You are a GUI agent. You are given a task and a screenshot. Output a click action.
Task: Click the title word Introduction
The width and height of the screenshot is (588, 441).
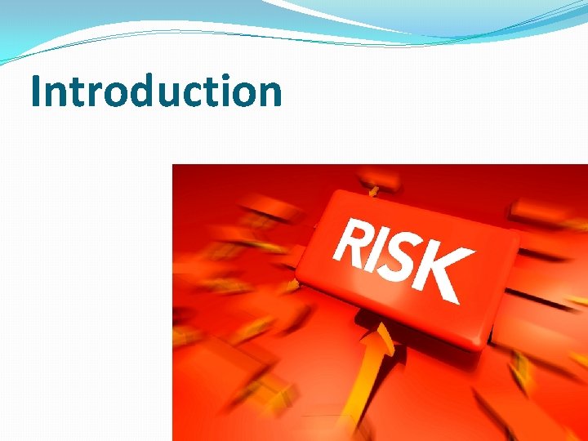[156, 91]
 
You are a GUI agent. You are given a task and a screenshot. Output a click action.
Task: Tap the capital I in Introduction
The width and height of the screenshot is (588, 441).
[37, 91]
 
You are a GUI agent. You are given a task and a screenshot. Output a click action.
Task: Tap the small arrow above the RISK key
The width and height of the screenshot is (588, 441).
[373, 190]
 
